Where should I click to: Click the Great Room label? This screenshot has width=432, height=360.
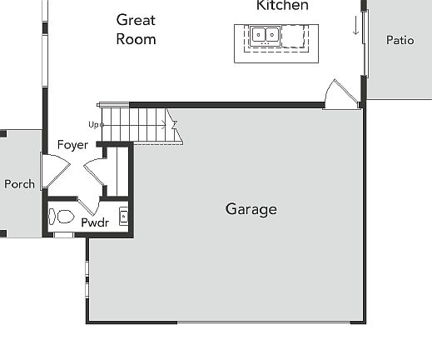coord(136,28)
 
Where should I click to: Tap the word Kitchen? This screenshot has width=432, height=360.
coord(282,6)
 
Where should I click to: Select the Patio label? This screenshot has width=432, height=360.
coord(400,40)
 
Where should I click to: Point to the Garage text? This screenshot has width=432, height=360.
coord(251,209)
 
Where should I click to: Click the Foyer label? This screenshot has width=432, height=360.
coord(72,145)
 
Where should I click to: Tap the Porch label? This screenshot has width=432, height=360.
coord(19,184)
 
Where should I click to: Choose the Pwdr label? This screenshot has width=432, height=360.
coord(95,222)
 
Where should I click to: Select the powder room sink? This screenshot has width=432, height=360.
coord(123,217)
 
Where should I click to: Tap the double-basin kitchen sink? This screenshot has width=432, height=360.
coord(265,36)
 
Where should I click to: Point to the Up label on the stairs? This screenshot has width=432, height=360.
coord(95,125)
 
